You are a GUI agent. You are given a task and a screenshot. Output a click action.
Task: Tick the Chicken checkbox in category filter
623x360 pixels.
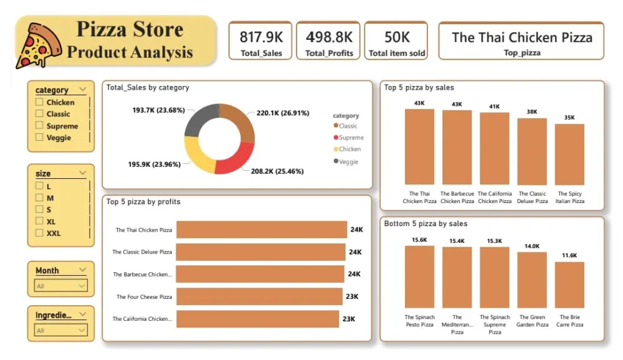tap(40, 102)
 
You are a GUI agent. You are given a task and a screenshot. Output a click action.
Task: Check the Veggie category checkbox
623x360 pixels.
tap(40, 138)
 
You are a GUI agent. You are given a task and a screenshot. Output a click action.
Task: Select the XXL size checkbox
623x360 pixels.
tap(40, 233)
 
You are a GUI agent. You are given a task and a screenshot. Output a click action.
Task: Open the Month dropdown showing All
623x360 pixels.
tap(61, 286)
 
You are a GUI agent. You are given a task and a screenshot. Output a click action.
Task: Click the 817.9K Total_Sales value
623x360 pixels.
tap(261, 37)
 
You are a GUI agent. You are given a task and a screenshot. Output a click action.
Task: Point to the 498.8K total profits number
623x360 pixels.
tap(329, 37)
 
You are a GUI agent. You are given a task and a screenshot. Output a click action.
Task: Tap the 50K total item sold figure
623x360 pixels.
tap(397, 37)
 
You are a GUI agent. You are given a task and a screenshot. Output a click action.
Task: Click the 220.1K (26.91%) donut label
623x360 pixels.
tap(282, 114)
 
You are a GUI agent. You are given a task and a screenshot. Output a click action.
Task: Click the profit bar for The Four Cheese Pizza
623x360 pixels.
tap(259, 296)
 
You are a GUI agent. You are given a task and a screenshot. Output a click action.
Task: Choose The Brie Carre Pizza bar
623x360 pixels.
tap(569, 285)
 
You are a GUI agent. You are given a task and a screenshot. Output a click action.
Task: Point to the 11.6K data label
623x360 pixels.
tap(569, 255)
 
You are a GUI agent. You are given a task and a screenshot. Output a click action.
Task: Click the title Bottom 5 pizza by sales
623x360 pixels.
tap(426, 224)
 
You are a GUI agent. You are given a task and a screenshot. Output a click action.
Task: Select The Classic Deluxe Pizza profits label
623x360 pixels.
tap(142, 252)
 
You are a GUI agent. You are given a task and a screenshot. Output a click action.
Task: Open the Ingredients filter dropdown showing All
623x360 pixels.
tap(61, 330)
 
